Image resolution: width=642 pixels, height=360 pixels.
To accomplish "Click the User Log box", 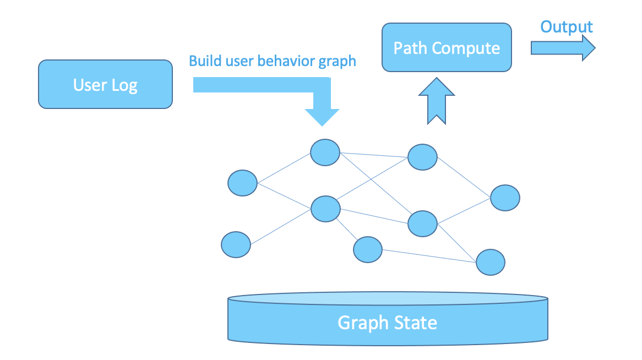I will (105, 84).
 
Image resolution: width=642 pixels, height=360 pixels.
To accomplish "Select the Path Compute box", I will (447, 47).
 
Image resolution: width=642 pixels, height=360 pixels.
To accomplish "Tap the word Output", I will (566, 27).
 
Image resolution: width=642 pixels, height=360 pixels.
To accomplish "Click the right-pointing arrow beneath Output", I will (562, 48).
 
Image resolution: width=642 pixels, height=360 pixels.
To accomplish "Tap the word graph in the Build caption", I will (338, 62).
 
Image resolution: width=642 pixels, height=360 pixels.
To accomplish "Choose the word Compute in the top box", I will (466, 48).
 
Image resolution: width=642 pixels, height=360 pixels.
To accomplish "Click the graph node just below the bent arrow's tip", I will (325, 152).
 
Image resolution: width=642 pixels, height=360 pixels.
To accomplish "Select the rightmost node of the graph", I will (505, 198).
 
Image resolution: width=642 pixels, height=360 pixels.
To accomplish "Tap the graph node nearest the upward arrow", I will (422, 157).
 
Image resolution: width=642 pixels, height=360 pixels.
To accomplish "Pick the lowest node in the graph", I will (490, 262).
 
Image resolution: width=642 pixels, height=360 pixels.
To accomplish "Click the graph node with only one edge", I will (236, 244).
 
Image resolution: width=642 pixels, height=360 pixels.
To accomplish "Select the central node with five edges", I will (325, 209).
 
